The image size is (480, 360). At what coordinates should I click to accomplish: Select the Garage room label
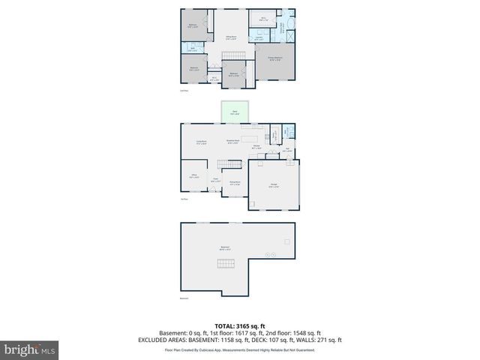[x=274, y=186]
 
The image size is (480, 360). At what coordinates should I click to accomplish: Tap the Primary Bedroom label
[x=275, y=58]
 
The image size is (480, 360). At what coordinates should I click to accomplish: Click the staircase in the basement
[x=226, y=262]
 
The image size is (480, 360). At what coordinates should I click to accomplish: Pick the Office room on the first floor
[x=193, y=178]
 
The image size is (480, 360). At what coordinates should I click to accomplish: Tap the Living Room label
[x=201, y=142]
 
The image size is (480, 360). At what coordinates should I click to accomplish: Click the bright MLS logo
[x=30, y=349]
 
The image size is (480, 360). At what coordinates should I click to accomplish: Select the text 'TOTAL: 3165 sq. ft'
[x=239, y=325]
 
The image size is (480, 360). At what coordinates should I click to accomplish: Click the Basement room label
[x=224, y=248]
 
